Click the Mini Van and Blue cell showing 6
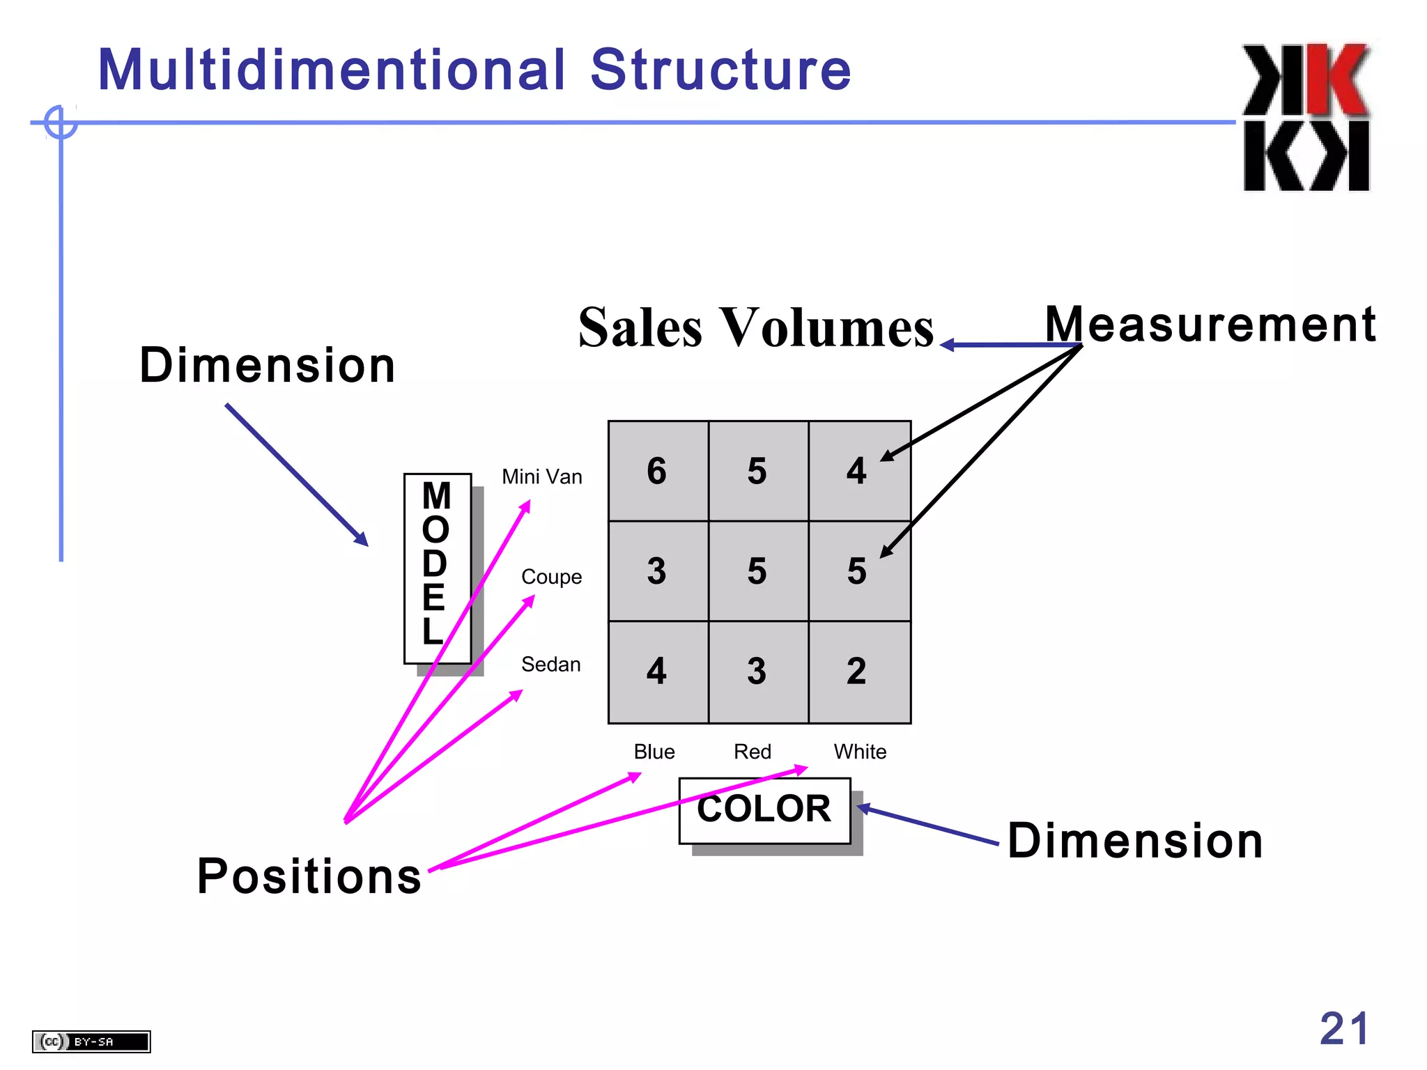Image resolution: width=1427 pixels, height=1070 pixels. [658, 471]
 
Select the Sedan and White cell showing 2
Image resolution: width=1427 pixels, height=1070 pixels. [858, 672]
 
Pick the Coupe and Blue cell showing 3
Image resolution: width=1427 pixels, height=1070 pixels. [658, 571]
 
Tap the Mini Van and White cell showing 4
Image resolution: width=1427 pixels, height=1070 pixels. [858, 471]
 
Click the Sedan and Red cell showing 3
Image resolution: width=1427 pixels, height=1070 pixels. [757, 672]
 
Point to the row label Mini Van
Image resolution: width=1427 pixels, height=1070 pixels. [542, 477]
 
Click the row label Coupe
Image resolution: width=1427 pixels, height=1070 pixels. [551, 577]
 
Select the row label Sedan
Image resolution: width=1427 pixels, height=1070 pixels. [550, 665]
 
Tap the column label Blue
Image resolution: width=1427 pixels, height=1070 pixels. [654, 752]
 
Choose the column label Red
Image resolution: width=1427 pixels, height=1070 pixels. [753, 752]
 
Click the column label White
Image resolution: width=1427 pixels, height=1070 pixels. [860, 752]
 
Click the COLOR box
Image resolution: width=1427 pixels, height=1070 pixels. [764, 810]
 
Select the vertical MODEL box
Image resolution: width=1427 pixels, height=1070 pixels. [437, 568]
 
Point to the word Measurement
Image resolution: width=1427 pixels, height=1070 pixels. [1210, 325]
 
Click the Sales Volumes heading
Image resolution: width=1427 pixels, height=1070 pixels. [755, 327]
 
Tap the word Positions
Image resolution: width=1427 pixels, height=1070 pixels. [309, 876]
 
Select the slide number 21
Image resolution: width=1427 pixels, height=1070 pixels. [1344, 1029]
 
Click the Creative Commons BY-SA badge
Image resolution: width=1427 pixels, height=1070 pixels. [91, 1041]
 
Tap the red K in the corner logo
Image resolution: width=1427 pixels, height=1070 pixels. [1337, 80]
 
